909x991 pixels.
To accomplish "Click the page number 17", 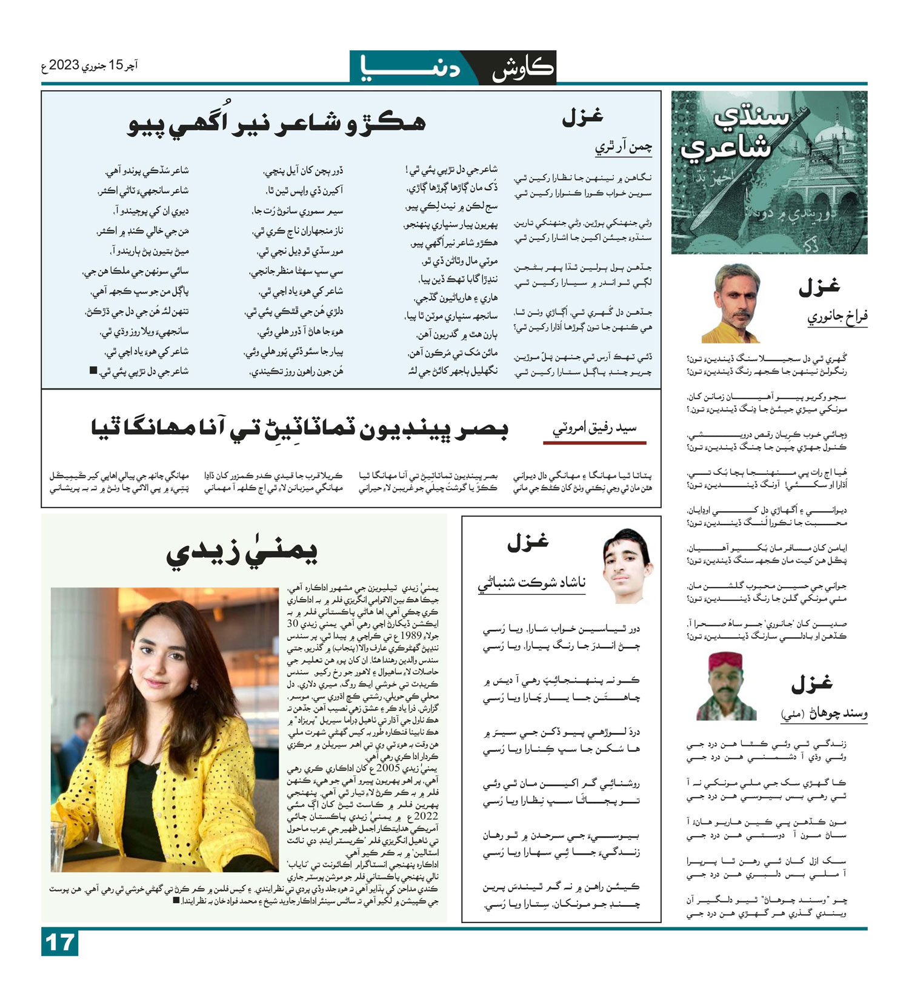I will [59, 943].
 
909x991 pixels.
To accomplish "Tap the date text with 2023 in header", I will [90, 65].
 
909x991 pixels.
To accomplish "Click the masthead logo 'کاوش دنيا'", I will [453, 67].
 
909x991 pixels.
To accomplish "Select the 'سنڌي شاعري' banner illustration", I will [769, 172].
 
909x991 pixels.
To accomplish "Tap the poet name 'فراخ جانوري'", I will [837, 317].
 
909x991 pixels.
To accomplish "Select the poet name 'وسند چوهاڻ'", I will [824, 714].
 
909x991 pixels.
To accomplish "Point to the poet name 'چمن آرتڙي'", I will [624, 147].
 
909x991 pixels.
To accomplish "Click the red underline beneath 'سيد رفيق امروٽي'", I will [594, 443].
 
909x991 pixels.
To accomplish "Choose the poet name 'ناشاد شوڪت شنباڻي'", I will [531, 583].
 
